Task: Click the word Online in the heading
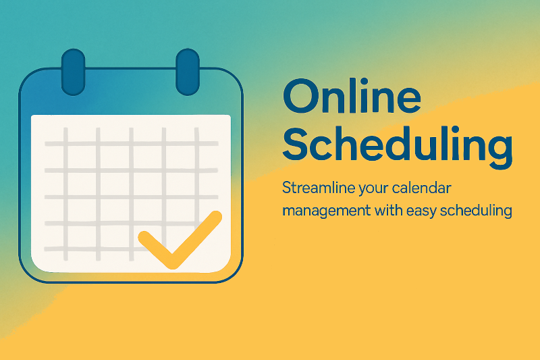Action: coord(352,96)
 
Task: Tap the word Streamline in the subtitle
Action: coord(319,188)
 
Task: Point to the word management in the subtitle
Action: coord(327,211)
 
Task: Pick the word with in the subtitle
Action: coord(389,210)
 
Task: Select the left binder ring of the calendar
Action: coord(73,72)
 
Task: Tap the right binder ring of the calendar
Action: coord(188,72)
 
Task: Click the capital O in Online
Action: coord(300,96)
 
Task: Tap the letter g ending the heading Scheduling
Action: coord(500,151)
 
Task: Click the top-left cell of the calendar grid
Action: coord(55,134)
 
